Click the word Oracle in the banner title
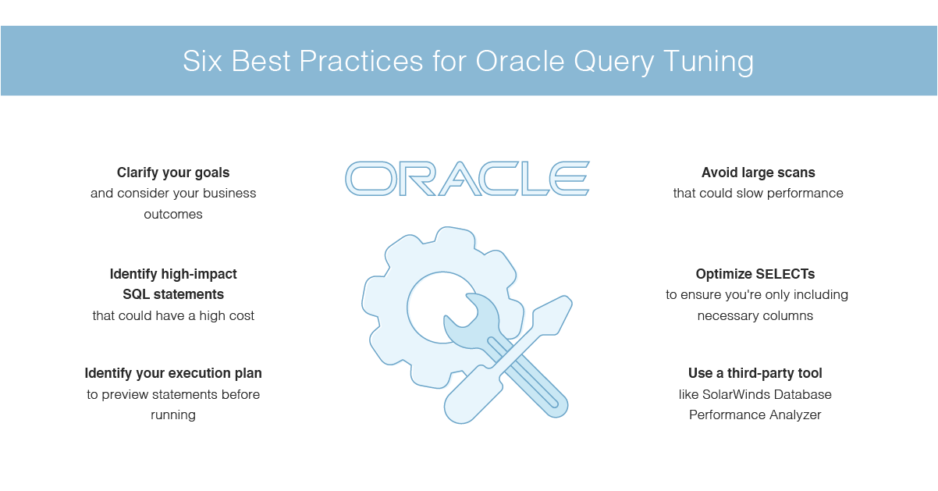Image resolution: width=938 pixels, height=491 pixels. point(520,61)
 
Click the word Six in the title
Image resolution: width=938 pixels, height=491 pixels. point(202,61)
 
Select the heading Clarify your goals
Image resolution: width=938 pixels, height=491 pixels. point(173,173)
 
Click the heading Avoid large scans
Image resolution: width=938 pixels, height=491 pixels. point(758,173)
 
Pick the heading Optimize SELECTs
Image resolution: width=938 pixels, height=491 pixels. point(755,274)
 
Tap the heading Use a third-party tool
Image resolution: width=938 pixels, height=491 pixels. point(755,373)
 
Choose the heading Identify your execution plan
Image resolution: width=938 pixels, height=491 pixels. point(173,373)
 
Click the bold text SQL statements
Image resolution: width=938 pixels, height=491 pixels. point(173,294)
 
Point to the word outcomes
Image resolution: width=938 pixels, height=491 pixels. point(173,214)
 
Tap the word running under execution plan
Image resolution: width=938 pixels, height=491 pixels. point(173,415)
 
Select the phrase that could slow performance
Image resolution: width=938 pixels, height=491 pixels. point(758,193)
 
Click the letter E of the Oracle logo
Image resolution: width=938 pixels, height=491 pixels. point(570,179)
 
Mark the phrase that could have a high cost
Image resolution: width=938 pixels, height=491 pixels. point(173,315)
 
